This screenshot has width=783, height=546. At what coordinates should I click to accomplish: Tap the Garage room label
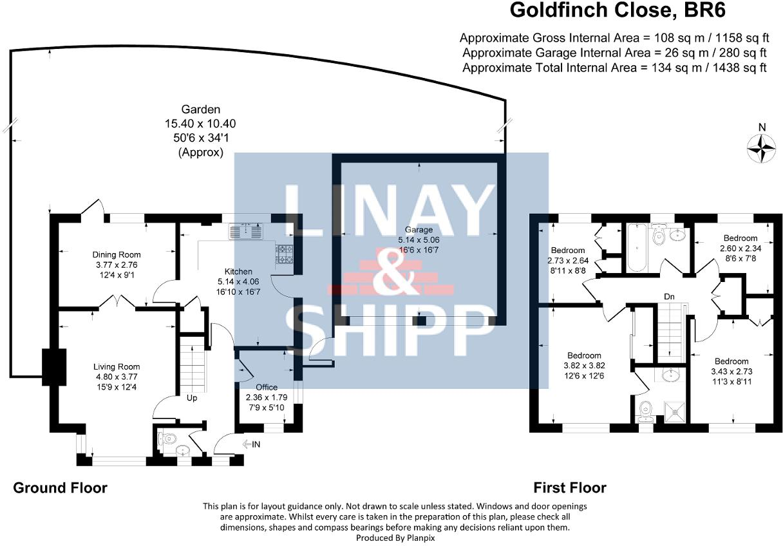tap(419, 230)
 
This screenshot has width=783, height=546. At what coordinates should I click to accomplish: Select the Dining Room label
tap(117, 255)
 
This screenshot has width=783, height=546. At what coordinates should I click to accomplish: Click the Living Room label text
tap(117, 367)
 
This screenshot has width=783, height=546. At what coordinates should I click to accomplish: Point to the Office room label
tap(267, 387)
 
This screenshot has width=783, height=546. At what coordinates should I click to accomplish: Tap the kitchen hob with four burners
tap(285, 254)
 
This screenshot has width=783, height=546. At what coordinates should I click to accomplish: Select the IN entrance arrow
tap(252, 444)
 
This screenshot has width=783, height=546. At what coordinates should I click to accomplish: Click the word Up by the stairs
tap(191, 398)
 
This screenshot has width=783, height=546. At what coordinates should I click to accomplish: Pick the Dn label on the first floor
tap(670, 297)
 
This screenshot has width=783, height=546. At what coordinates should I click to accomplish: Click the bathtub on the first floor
tap(634, 249)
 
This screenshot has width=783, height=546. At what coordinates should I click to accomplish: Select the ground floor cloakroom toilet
tap(169, 440)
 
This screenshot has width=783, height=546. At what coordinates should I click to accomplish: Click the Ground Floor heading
tap(60, 488)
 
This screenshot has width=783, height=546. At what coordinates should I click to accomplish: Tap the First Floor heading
tap(569, 488)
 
